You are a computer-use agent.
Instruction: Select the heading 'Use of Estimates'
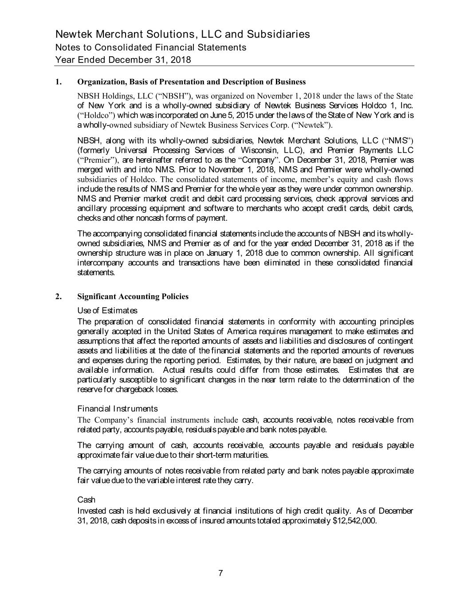(x=107, y=310)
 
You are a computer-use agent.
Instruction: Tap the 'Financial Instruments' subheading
(x=117, y=408)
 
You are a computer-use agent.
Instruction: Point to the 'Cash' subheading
(x=86, y=500)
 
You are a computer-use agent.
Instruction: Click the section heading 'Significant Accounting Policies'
(x=133, y=297)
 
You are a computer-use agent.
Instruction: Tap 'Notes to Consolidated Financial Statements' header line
(x=151, y=47)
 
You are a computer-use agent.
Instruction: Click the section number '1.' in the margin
(x=59, y=82)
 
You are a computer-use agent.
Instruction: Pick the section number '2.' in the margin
(x=59, y=297)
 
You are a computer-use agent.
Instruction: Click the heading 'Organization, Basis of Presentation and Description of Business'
(x=191, y=82)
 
